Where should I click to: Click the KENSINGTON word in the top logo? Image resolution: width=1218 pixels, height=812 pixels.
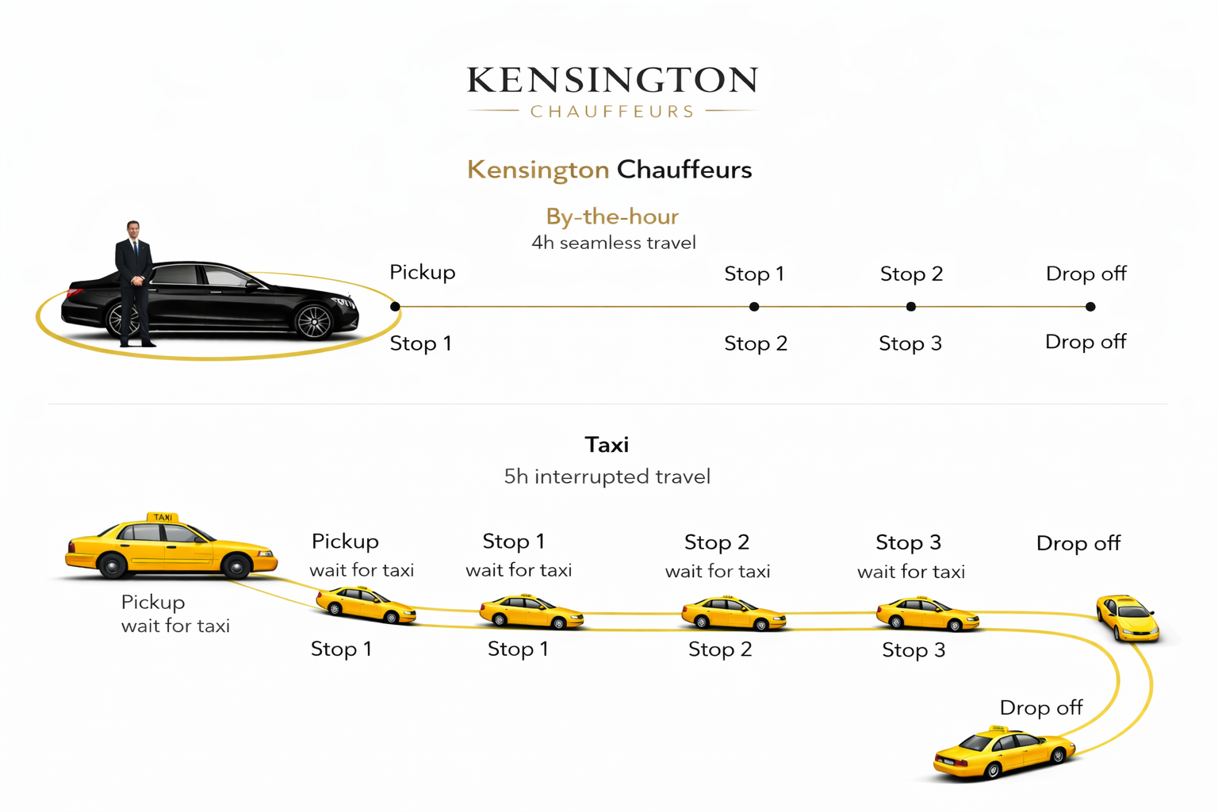tap(612, 81)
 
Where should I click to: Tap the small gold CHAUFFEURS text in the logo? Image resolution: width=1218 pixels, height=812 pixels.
tap(612, 112)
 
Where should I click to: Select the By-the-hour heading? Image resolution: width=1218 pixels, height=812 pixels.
tap(612, 216)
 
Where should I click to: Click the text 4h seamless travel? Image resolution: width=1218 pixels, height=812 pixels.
tap(613, 243)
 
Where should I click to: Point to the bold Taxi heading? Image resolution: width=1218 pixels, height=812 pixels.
tap(607, 445)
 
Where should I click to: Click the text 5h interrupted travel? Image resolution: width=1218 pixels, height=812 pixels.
tap(607, 477)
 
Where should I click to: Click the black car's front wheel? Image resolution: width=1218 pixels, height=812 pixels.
tap(313, 321)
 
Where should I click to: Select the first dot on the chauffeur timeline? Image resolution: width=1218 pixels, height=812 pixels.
tap(395, 306)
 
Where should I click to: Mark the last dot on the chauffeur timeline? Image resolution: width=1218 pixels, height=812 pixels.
tap(1090, 306)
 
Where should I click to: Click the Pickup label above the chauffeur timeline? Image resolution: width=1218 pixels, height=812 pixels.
tap(422, 273)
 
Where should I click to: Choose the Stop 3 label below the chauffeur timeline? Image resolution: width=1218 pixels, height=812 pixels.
tap(910, 344)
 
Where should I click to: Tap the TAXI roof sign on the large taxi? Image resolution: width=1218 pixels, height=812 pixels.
tap(163, 517)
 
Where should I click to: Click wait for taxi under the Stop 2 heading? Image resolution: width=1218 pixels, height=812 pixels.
tap(717, 572)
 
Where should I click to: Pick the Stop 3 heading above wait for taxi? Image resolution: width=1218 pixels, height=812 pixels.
tap(908, 542)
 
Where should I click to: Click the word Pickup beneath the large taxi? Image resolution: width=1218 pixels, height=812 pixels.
tap(152, 603)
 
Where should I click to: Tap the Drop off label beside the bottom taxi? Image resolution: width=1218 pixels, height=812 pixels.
tap(1040, 707)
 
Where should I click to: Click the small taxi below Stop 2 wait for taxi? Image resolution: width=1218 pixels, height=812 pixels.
tap(733, 614)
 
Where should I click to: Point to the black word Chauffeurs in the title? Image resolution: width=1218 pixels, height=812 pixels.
tap(684, 170)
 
